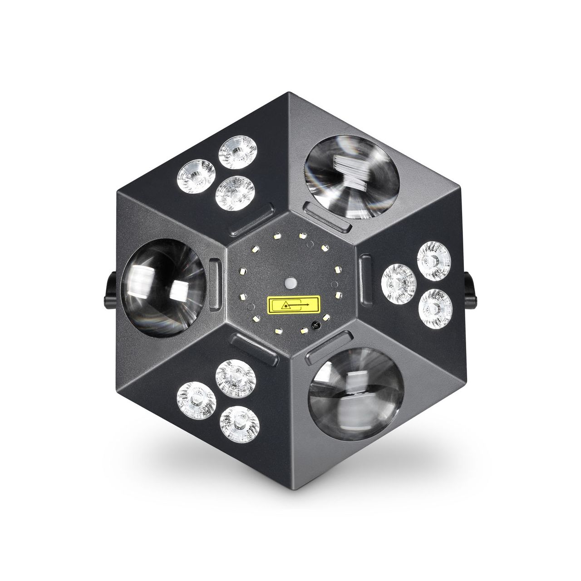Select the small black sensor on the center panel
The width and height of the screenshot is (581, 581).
pos(314,325)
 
